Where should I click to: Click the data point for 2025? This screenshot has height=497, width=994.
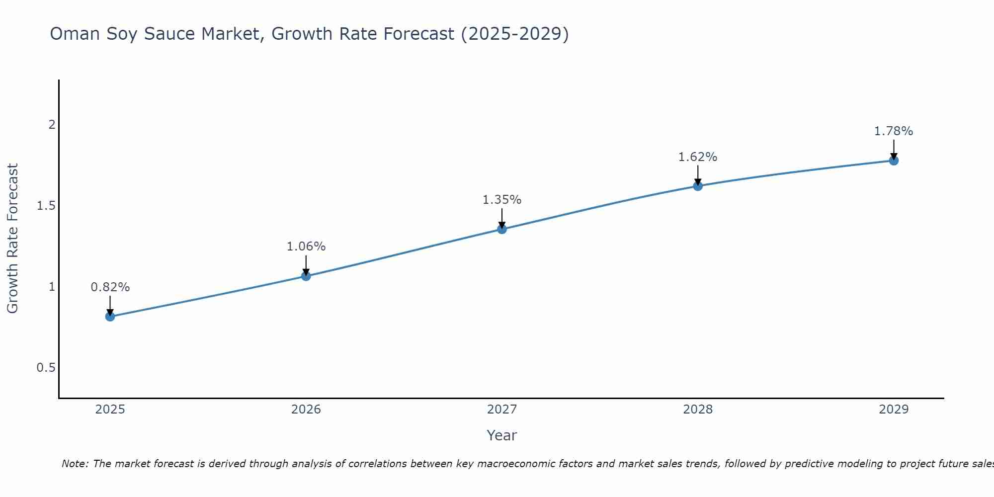tap(110, 317)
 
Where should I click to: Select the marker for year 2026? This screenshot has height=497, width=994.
tap(306, 276)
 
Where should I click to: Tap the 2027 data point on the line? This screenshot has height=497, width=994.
tap(502, 229)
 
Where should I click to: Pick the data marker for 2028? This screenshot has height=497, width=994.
tap(698, 186)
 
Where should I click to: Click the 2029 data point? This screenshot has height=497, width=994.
tap(894, 161)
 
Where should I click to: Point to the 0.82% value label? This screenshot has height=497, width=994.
tap(110, 287)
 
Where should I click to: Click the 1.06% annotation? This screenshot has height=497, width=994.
tap(306, 247)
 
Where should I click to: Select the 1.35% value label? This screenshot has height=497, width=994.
tap(502, 200)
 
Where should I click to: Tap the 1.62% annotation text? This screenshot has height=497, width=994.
tap(698, 157)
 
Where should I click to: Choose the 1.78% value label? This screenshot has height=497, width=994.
tap(894, 131)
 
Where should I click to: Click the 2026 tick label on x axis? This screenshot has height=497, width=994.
tap(306, 410)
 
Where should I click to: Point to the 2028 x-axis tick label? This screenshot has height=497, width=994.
tap(698, 410)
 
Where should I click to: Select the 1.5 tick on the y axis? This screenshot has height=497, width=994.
tap(46, 206)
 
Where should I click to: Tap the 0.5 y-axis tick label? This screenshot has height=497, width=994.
tap(46, 368)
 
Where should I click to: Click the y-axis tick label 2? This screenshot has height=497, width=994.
tap(52, 125)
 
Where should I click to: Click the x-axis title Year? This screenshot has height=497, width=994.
tap(502, 435)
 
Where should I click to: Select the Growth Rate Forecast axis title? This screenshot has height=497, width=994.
tap(12, 239)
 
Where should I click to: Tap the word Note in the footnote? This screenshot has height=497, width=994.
tap(75, 464)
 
